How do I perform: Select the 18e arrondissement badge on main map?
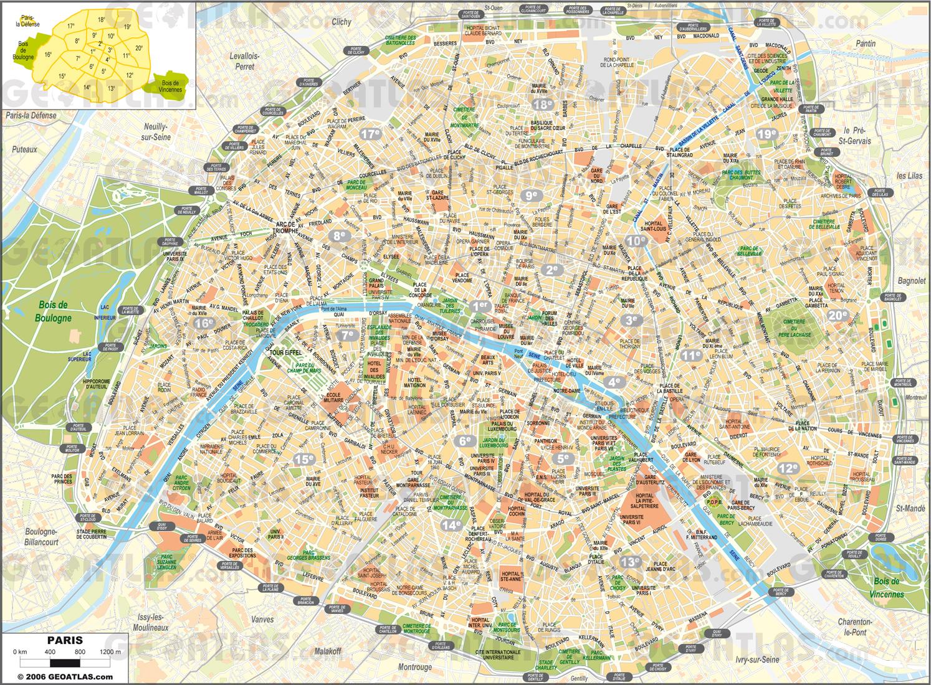[543, 105]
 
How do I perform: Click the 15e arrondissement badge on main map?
[305, 459]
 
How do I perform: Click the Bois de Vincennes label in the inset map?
[170, 86]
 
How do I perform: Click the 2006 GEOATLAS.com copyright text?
[65, 676]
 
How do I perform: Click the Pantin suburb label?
[865, 44]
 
